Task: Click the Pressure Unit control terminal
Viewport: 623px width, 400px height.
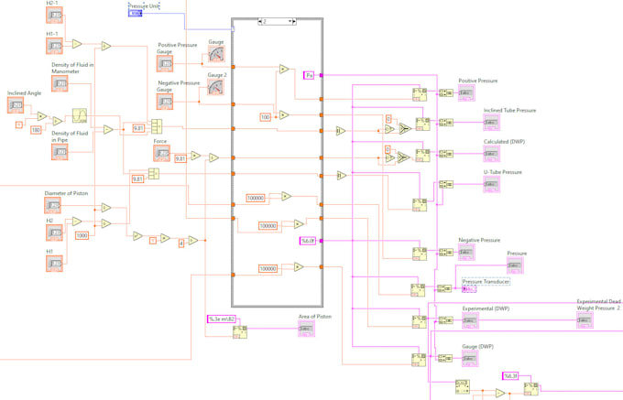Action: point(135,14)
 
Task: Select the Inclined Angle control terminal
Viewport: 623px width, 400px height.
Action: point(16,106)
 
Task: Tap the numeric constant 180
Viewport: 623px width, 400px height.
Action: point(36,130)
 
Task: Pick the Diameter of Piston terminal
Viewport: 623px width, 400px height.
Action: point(55,207)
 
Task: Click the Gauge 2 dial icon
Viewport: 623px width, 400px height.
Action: point(215,87)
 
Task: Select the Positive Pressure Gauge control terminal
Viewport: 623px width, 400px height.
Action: point(165,63)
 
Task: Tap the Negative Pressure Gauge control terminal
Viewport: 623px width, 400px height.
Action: point(165,102)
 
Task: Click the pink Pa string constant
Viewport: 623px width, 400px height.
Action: point(310,75)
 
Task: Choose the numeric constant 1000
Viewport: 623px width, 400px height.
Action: point(82,235)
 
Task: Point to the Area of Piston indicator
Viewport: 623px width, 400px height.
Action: point(306,330)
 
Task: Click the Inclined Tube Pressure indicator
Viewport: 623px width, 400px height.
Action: point(492,123)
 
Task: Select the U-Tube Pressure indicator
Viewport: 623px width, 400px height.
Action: point(492,185)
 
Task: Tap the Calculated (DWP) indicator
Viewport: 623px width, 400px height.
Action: point(492,155)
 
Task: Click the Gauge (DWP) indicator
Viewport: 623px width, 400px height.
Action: point(469,359)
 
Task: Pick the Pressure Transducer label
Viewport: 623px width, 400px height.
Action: point(486,281)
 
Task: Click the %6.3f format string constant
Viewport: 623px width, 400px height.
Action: point(510,375)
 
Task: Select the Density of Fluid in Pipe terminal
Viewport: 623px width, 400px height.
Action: point(60,152)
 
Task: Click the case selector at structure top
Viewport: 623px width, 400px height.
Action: point(277,21)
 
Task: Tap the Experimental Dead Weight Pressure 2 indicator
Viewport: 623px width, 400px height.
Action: point(585,321)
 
